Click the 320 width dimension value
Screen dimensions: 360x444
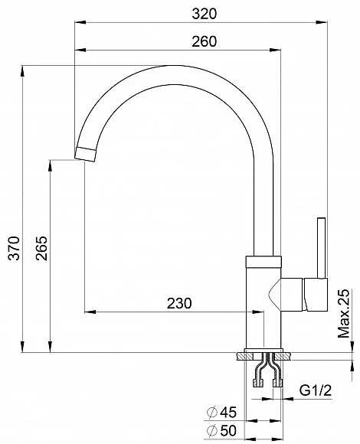pos(204,14)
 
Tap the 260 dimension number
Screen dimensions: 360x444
pos(204,41)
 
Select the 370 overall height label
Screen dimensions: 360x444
pos(14,248)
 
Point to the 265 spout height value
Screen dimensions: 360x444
pos(41,248)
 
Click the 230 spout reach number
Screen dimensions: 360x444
pos(179,303)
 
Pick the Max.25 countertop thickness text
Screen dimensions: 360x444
pos(344,313)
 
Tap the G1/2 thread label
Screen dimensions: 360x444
pos(316,390)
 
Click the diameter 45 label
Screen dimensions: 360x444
pos(221,413)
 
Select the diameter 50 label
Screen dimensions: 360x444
pos(221,431)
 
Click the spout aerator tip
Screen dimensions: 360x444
pos(85,155)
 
